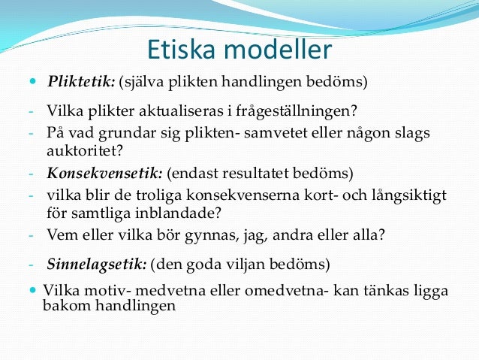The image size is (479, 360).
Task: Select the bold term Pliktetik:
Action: [x=82, y=81]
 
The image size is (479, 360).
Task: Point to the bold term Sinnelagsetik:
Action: [x=97, y=265]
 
